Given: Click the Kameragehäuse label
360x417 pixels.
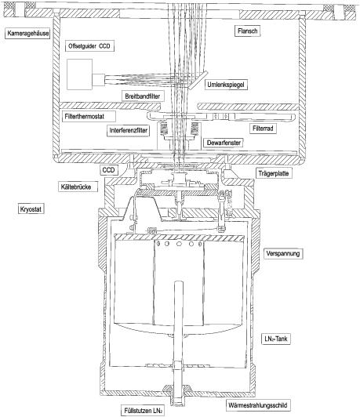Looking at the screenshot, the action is coord(27,34).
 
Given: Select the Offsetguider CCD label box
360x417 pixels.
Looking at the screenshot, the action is coord(89,46).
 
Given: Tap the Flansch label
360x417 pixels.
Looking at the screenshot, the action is coord(248,31).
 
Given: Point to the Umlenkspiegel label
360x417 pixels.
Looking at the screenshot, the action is coord(226,85).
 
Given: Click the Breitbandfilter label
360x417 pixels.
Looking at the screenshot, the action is coord(143,96).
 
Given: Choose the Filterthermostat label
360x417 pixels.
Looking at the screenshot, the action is coord(89,117).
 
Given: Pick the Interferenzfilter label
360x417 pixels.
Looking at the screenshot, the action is coord(129,131).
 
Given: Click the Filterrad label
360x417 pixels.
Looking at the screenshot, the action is coord(263,129).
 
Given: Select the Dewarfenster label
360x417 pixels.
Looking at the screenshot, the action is coord(224,143).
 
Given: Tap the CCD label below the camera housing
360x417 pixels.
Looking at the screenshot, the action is coord(108,170).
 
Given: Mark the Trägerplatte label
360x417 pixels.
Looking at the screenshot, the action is coord(274,173).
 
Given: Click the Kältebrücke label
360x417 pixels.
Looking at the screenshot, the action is coord(78,187).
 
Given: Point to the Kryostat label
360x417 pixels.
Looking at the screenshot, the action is coord(31,209).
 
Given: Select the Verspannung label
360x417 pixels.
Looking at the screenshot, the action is coord(283,253).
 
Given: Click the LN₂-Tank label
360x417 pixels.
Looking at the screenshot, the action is coord(276,339).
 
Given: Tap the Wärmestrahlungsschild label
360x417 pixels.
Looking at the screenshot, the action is coord(258,405).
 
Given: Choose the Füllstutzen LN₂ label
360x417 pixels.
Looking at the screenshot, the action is coord(144,411).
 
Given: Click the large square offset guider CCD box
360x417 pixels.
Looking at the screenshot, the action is coord(79,74).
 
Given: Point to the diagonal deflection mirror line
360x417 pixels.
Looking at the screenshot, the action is coord(197,80).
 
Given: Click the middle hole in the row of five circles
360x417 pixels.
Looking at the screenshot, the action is coord(179,244).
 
